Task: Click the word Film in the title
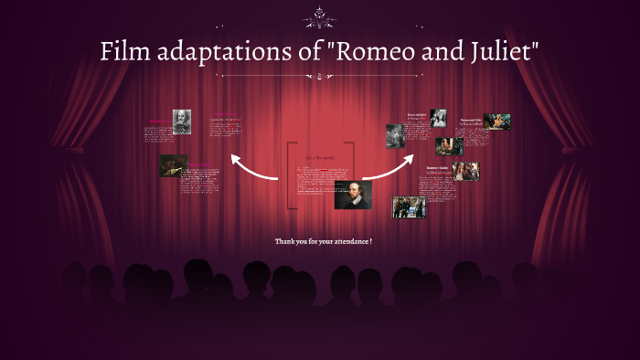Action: pyautogui.click(x=123, y=53)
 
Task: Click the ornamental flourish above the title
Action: pyautogui.click(x=319, y=16)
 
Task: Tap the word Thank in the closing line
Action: pyautogui.click(x=285, y=241)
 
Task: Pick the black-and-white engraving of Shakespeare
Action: pyautogui.click(x=182, y=122)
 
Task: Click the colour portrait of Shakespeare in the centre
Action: pyautogui.click(x=352, y=194)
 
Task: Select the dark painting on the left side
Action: pyautogui.click(x=173, y=165)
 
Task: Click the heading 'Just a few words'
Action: pyautogui.click(x=320, y=157)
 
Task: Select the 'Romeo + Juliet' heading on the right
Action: pyautogui.click(x=438, y=168)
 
